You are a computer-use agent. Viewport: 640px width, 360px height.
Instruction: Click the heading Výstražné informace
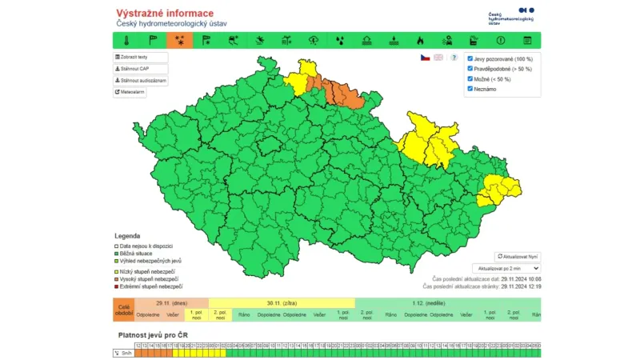point(165,14)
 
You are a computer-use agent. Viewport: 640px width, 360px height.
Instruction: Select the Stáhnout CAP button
point(141,69)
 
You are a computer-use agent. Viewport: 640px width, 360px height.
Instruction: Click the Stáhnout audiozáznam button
point(141,81)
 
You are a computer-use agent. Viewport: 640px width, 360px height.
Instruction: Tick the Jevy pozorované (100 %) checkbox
point(470,58)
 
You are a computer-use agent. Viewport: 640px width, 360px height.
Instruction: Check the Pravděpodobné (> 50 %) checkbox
point(470,69)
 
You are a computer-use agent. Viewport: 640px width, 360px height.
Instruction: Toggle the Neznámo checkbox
point(470,89)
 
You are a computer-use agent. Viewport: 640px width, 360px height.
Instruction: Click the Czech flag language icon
point(425,58)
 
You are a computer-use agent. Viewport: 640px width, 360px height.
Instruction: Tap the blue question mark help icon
point(454,58)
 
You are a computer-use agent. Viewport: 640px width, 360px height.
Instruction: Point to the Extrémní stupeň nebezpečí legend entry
point(151,286)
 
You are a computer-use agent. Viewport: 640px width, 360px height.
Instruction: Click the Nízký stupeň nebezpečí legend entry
point(149,272)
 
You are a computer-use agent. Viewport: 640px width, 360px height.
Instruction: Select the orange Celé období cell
point(124,310)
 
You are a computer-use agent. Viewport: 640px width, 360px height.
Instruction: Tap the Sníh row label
point(124,352)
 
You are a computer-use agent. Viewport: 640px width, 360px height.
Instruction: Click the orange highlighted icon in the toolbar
point(178,40)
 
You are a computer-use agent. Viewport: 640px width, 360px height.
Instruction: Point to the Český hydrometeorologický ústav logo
point(511,15)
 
